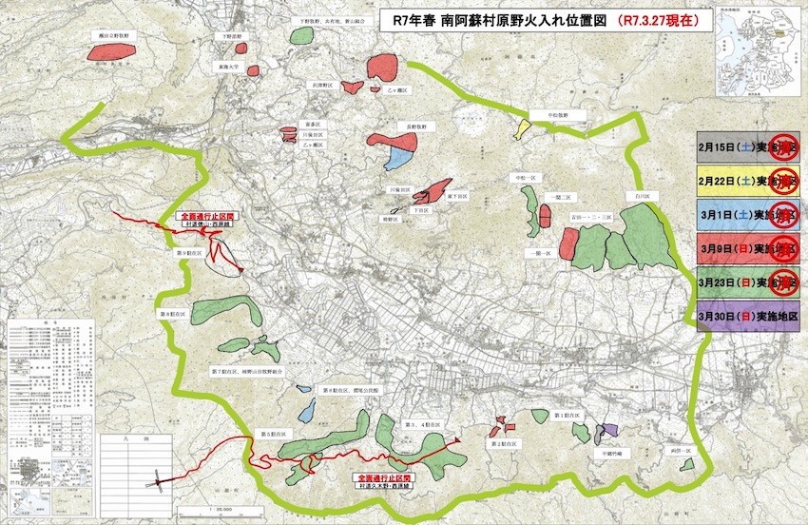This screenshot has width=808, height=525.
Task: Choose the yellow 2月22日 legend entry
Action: point(747,181)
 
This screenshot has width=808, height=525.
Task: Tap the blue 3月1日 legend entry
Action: point(747,214)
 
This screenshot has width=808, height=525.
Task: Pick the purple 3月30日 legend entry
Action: point(747,315)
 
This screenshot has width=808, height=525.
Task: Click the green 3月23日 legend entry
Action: point(747,282)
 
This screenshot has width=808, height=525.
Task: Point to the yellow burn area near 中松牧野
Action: point(522,128)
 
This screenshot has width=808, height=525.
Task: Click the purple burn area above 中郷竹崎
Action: point(610,432)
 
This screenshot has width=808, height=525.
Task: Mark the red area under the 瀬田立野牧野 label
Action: point(114,51)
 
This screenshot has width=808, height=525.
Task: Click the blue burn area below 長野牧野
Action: point(400,153)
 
